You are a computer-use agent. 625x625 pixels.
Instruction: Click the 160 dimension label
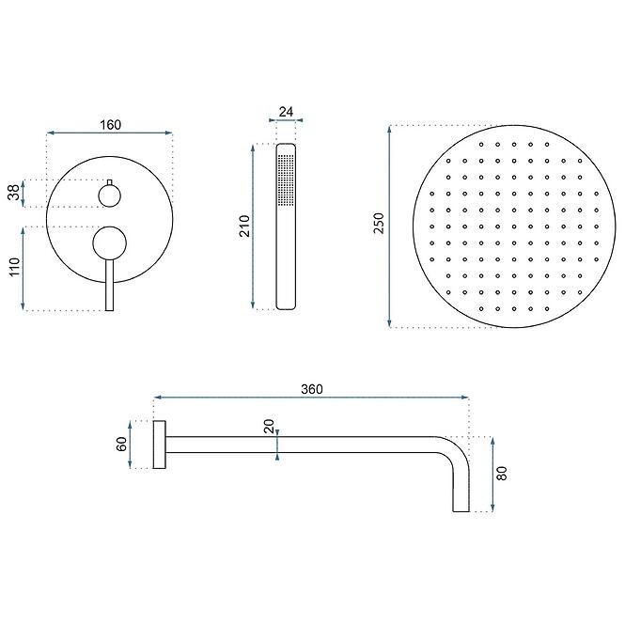(x=110, y=125)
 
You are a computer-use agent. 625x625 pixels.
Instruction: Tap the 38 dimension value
(x=14, y=193)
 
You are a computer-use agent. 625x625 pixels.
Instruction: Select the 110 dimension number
(x=14, y=267)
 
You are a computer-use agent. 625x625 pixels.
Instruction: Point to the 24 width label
(x=286, y=112)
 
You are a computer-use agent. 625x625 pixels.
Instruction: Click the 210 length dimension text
(x=244, y=226)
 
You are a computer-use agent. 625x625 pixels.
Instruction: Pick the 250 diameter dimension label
(x=379, y=224)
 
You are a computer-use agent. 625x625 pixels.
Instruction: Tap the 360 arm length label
(x=312, y=389)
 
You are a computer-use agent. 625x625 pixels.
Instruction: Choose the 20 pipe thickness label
(x=269, y=426)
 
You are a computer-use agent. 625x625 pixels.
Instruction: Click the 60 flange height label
(x=121, y=444)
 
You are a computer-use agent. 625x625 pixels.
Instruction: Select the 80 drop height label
(x=502, y=473)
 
